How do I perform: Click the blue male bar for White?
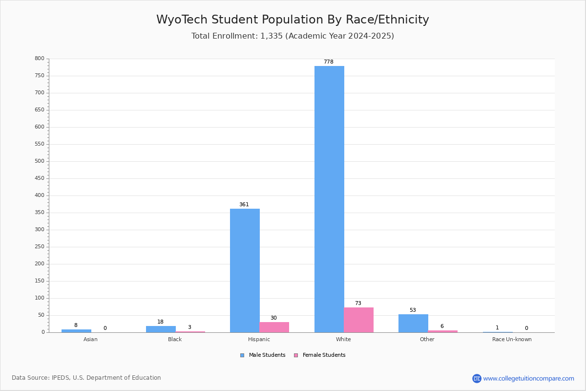329,199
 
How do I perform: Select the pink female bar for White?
358,320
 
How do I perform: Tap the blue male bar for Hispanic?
245,271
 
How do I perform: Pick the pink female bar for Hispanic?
274,327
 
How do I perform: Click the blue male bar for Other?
413,324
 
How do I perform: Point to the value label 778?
329,62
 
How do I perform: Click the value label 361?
244,204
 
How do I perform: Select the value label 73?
358,303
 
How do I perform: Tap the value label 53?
413,310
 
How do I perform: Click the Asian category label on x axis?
90,339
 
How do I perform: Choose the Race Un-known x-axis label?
512,339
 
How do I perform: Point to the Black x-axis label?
175,339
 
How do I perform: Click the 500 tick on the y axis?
40,161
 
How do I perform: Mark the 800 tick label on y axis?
40,58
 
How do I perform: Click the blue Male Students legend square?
242,355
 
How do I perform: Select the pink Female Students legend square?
296,355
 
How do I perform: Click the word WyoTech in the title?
182,20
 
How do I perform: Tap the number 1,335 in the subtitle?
272,36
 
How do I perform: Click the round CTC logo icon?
477,378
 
